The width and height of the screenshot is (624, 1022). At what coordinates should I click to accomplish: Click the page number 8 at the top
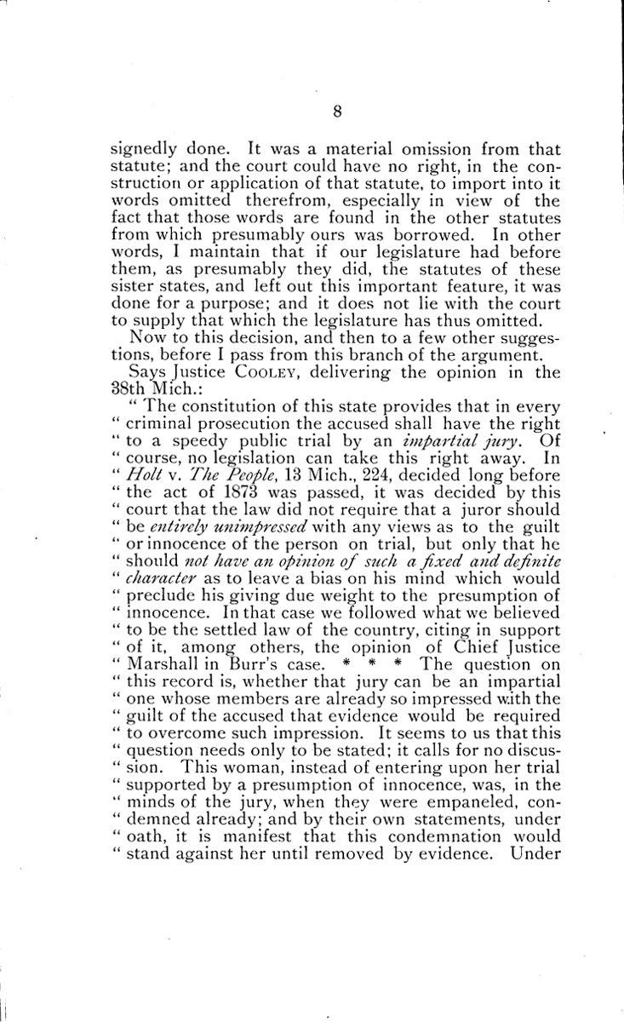coord(312,110)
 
